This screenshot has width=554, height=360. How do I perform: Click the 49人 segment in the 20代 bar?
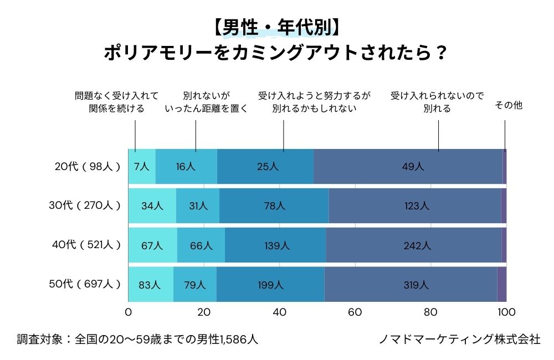408,166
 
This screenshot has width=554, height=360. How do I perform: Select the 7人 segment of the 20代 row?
142,166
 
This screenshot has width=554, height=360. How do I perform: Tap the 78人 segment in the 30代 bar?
274,205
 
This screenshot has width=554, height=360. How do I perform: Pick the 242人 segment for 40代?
413,245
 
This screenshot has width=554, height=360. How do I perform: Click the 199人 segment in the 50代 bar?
270,285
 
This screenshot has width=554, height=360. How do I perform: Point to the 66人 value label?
201,245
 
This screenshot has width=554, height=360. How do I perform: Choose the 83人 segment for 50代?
150,285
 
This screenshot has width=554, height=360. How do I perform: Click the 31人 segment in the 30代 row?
198,205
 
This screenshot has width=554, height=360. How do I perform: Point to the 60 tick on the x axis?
355,312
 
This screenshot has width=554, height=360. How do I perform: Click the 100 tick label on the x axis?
506,312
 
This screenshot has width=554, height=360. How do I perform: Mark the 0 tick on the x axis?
129,312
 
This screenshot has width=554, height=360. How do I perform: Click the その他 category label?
508,105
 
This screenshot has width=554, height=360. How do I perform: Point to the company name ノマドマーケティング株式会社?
459,339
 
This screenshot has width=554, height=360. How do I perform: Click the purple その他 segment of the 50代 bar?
501,285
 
